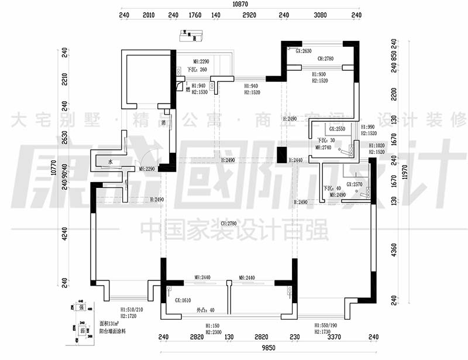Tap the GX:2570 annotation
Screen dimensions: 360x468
(356, 184)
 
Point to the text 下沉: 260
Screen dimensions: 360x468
(197, 70)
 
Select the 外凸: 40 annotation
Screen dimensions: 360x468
(206, 310)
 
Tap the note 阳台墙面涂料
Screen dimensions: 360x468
(112, 331)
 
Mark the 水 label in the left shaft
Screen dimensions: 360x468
(109, 162)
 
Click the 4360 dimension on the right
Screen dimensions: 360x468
(394, 249)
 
